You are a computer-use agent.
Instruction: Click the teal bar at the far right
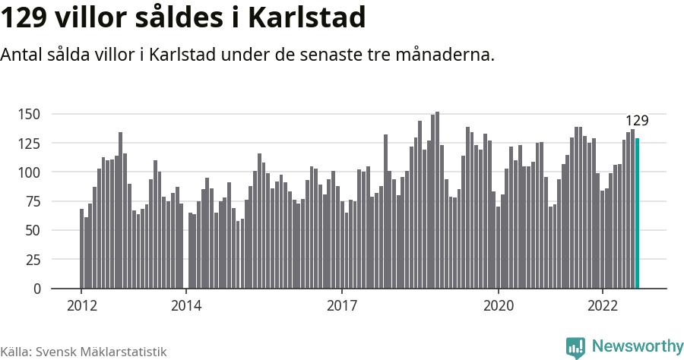tap(637, 213)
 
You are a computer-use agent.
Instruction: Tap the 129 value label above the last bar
tap(637, 121)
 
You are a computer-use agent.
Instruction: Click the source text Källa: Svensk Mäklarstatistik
tap(83, 352)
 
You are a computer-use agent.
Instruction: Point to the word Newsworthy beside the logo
tap(637, 346)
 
